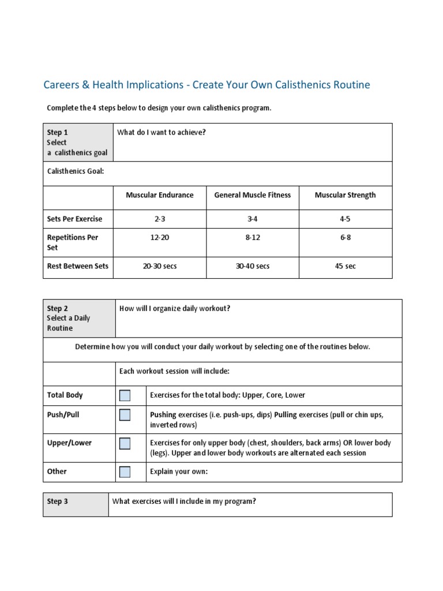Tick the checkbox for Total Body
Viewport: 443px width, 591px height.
click(x=125, y=395)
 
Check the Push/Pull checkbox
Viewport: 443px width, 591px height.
click(x=125, y=415)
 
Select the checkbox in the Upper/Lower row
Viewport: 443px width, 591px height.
click(x=125, y=443)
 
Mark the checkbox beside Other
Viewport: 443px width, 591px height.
click(x=125, y=472)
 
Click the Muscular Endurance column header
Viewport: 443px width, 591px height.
click(x=160, y=195)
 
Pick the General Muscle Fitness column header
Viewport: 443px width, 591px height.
click(x=253, y=195)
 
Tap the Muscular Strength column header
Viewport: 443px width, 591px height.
click(x=345, y=195)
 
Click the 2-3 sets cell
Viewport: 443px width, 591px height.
click(x=160, y=219)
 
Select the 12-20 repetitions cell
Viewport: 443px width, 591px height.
click(x=160, y=238)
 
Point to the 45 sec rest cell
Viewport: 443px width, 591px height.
click(x=345, y=267)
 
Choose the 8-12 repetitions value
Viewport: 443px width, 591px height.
click(x=253, y=238)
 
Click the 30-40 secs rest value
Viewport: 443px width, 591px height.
click(x=253, y=267)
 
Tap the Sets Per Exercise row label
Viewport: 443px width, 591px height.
click(x=74, y=219)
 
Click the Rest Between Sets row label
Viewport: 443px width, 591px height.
click(x=77, y=267)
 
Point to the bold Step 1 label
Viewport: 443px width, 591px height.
click(x=57, y=133)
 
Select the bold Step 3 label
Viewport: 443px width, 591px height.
click(x=57, y=502)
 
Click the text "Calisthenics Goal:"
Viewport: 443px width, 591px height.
click(x=76, y=171)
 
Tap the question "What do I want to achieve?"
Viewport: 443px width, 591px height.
click(x=162, y=133)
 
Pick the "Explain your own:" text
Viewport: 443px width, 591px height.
click(x=178, y=472)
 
